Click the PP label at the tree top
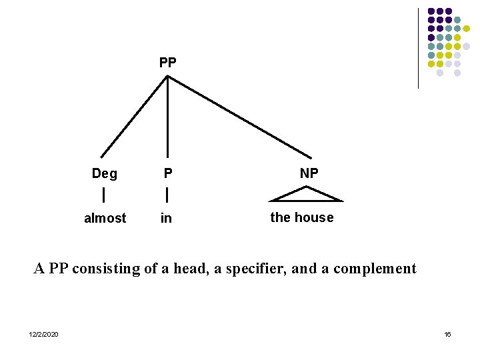tap(167, 63)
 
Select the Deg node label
tap(105, 174)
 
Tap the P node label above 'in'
tap(168, 174)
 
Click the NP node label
tap(309, 173)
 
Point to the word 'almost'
tap(105, 218)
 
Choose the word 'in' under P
tap(166, 218)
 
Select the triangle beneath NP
tap(307, 195)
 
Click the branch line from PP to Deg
tap(133, 117)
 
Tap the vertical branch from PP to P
tap(167, 117)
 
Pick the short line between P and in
tap(167, 195)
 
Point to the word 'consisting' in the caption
tap(104, 269)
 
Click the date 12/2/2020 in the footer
tap(43, 334)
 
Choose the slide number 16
tap(447, 334)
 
